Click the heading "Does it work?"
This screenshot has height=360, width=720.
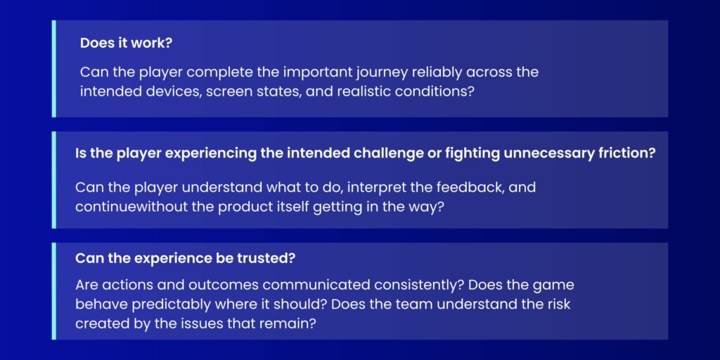(127, 44)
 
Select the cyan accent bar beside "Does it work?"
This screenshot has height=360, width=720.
(53, 68)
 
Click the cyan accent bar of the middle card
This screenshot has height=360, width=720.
(53, 180)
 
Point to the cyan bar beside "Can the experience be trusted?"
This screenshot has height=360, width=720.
(53, 291)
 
